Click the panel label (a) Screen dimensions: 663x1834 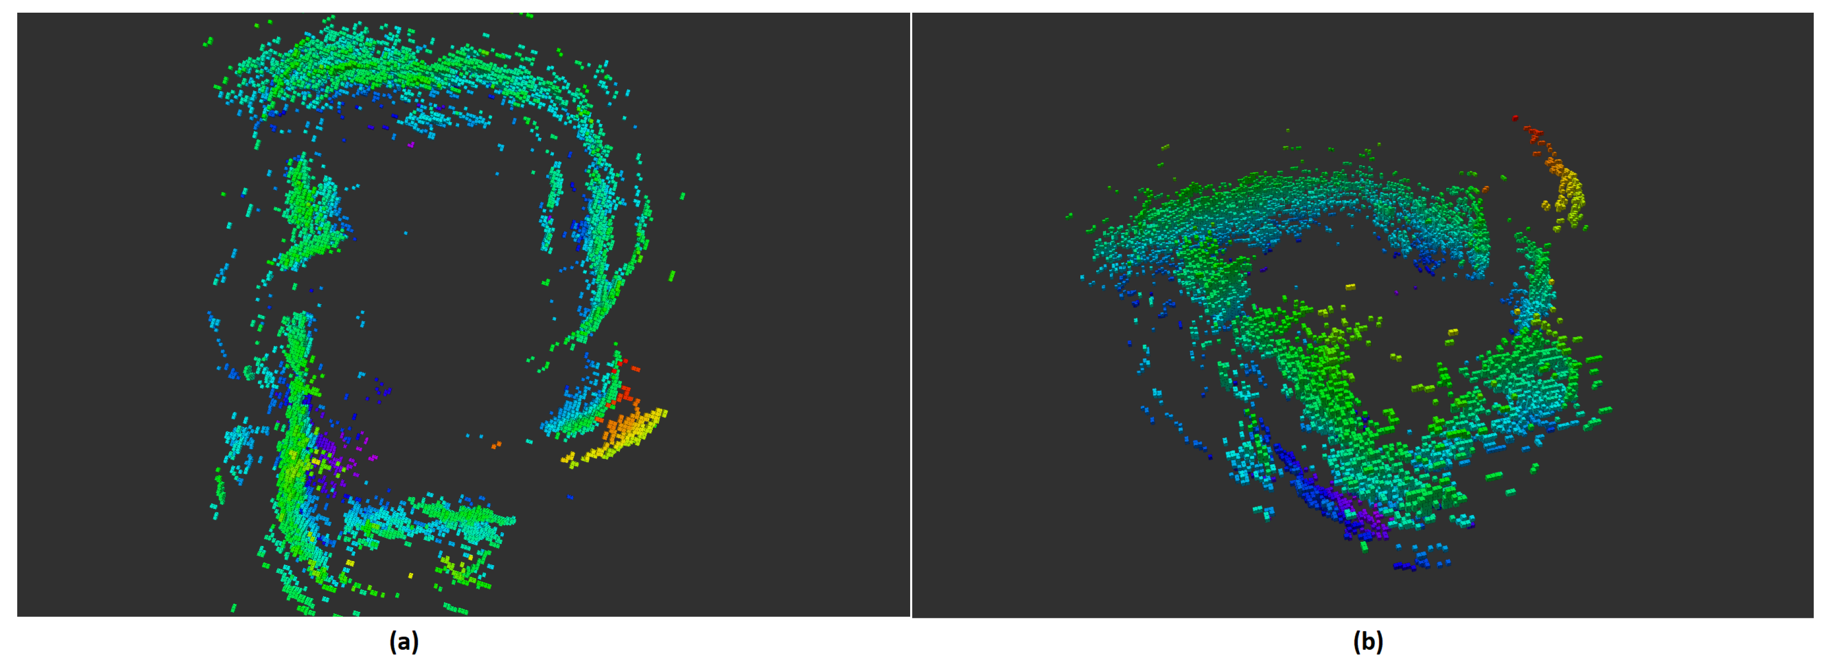pyautogui.click(x=404, y=642)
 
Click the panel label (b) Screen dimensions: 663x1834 pyautogui.click(x=1368, y=642)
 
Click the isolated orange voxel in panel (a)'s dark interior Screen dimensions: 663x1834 pyautogui.click(x=496, y=445)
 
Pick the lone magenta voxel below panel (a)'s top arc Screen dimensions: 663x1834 pyautogui.click(x=411, y=144)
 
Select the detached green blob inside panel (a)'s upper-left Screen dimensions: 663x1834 pyautogui.click(x=310, y=213)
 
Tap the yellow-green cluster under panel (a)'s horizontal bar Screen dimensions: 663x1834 pyautogui.click(x=463, y=570)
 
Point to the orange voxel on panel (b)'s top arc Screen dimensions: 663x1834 pyautogui.click(x=1485, y=190)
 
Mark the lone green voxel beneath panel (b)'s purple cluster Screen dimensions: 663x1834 pyautogui.click(x=1365, y=547)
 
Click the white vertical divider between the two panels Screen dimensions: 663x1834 pyautogui.click(x=911, y=313)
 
